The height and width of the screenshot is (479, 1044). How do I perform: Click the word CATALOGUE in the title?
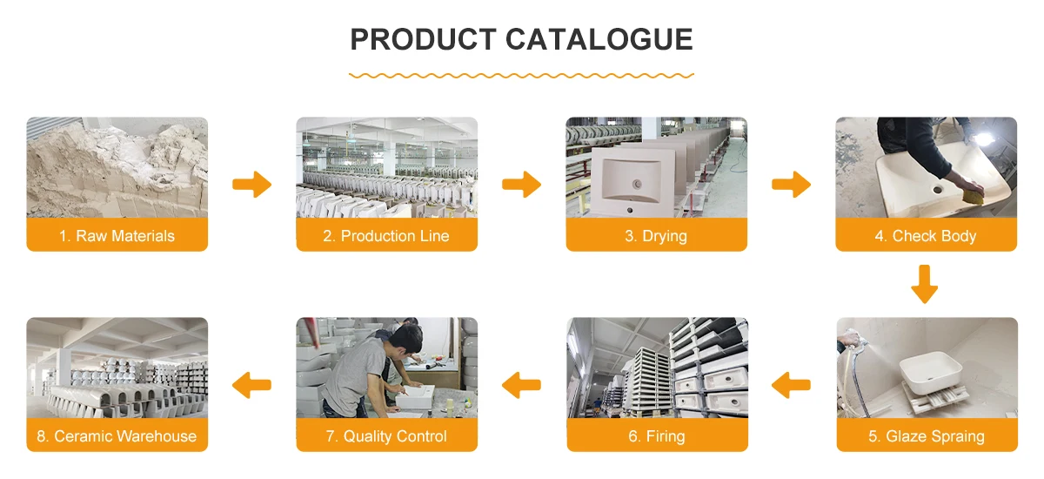(599, 39)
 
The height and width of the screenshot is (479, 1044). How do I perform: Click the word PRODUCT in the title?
(421, 39)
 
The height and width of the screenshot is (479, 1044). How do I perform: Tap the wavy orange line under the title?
(521, 76)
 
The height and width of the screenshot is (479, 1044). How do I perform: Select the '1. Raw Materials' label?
(117, 236)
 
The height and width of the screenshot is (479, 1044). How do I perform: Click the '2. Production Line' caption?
(386, 236)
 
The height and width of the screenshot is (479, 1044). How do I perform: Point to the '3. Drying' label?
(656, 236)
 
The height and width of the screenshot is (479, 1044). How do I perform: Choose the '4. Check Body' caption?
(926, 236)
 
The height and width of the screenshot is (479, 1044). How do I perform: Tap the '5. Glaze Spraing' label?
(927, 436)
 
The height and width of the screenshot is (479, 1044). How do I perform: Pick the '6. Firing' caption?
(657, 436)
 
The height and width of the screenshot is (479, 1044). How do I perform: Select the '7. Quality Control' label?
(386, 436)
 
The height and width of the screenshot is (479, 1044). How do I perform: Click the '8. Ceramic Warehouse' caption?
(117, 436)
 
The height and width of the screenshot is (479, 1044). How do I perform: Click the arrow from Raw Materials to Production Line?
(252, 185)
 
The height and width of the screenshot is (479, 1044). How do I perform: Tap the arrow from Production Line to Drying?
(522, 185)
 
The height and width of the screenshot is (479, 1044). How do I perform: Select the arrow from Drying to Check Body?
(792, 185)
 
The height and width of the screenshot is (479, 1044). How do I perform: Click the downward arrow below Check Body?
(925, 285)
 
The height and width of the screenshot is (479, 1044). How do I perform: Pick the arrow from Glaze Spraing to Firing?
(792, 383)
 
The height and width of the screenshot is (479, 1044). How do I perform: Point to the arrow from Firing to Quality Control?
(522, 383)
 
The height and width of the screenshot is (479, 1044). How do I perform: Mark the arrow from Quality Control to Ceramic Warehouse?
(252, 383)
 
